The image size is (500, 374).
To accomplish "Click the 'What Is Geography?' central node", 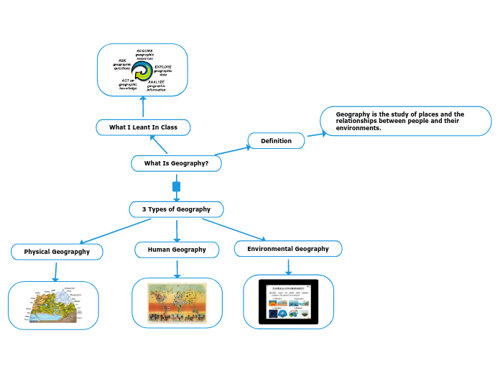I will pyautogui.click(x=176, y=163).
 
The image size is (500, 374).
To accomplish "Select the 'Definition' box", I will pyautogui.click(x=276, y=141).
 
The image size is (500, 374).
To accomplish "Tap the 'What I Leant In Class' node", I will pyautogui.click(x=143, y=127).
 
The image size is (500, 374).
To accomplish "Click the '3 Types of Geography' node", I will pyautogui.click(x=176, y=209).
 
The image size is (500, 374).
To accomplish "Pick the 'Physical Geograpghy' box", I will pyautogui.click(x=57, y=252).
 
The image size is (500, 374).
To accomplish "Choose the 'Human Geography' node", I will pyautogui.click(x=177, y=250).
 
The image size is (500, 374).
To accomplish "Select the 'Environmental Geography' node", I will pyautogui.click(x=287, y=249).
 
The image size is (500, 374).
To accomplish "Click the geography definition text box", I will pyautogui.click(x=406, y=121).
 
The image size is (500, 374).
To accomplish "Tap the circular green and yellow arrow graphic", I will pyautogui.click(x=142, y=70).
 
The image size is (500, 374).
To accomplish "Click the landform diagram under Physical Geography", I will pyautogui.click(x=54, y=306).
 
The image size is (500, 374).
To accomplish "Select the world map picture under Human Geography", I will pyautogui.click(x=177, y=303).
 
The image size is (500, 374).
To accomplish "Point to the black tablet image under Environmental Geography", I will pyautogui.click(x=288, y=302).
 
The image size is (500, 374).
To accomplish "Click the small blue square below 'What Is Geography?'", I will pyautogui.click(x=176, y=187).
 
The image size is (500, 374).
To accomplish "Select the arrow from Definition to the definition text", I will pyautogui.click(x=316, y=134).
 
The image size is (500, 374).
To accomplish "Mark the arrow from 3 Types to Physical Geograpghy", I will pyautogui.click(x=115, y=231).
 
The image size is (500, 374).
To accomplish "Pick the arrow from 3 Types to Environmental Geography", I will pyautogui.click(x=233, y=229).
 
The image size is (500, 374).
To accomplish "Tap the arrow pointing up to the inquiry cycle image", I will pyautogui.click(x=142, y=107).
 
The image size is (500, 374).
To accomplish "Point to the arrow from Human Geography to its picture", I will pyautogui.click(x=177, y=268).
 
